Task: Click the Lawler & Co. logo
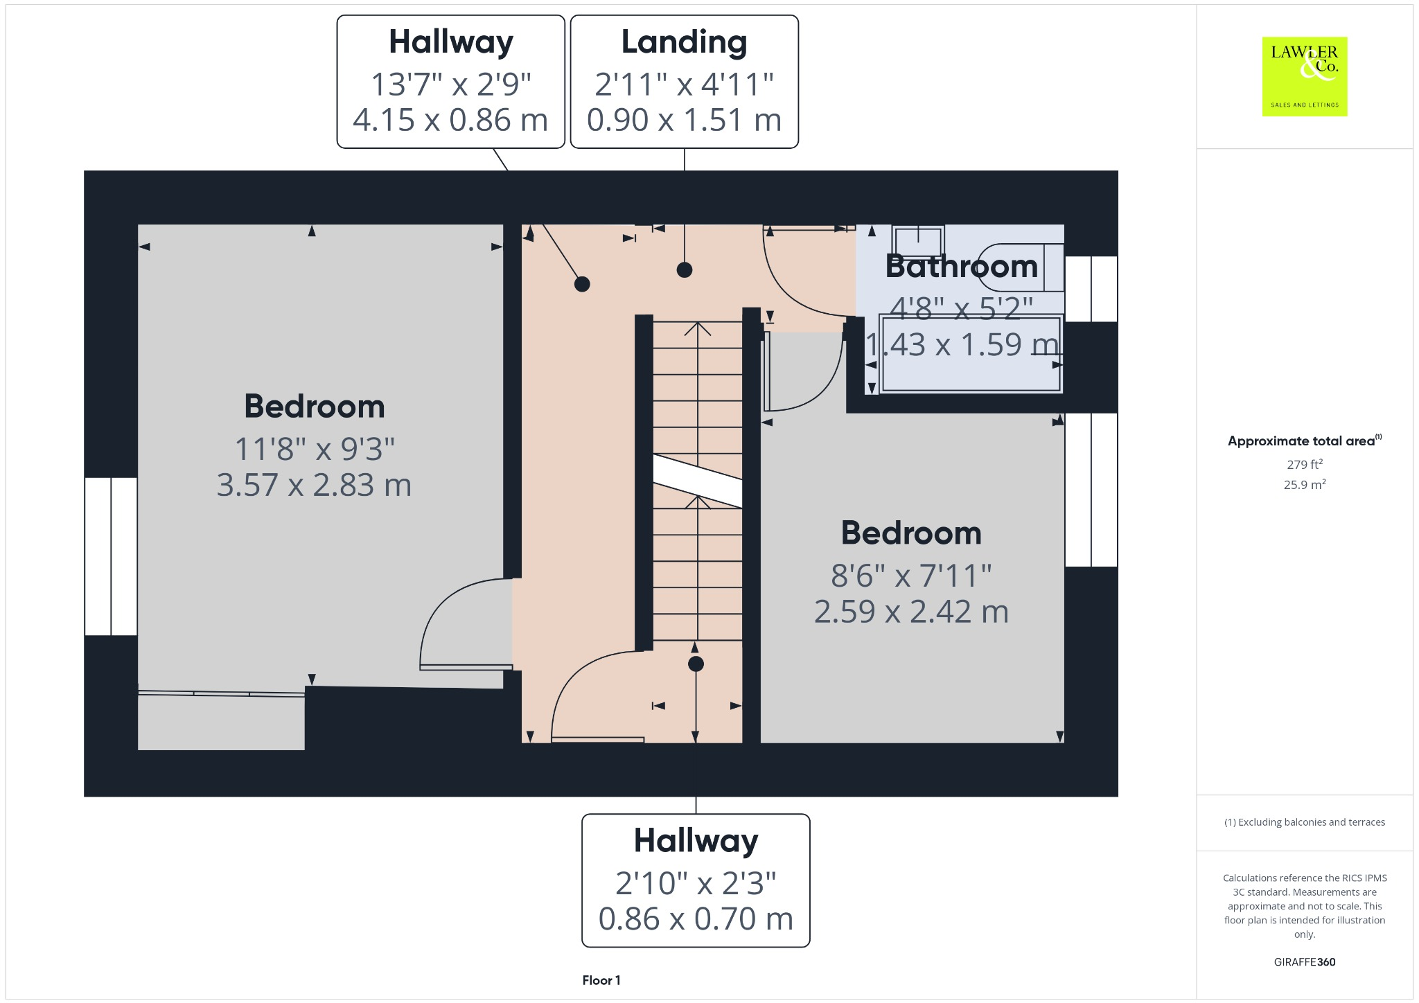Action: [1304, 76]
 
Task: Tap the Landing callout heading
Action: [684, 42]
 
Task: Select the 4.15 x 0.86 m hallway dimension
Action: [450, 120]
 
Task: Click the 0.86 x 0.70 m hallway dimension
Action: [695, 918]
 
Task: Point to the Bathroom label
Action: [961, 267]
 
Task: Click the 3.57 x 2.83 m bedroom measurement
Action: [314, 485]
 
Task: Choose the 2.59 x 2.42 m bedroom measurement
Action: [910, 612]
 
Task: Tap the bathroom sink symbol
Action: [918, 242]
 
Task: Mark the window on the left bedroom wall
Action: [111, 556]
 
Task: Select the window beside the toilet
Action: [1091, 289]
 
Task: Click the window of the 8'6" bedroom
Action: [1091, 490]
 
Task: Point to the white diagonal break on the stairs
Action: [698, 481]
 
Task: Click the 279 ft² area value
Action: [1304, 464]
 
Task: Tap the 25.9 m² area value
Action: [1304, 485]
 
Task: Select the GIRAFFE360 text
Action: [1304, 961]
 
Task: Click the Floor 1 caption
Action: [601, 980]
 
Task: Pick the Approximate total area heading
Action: [1302, 441]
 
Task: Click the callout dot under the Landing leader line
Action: [685, 270]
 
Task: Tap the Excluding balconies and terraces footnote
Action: [1304, 822]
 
